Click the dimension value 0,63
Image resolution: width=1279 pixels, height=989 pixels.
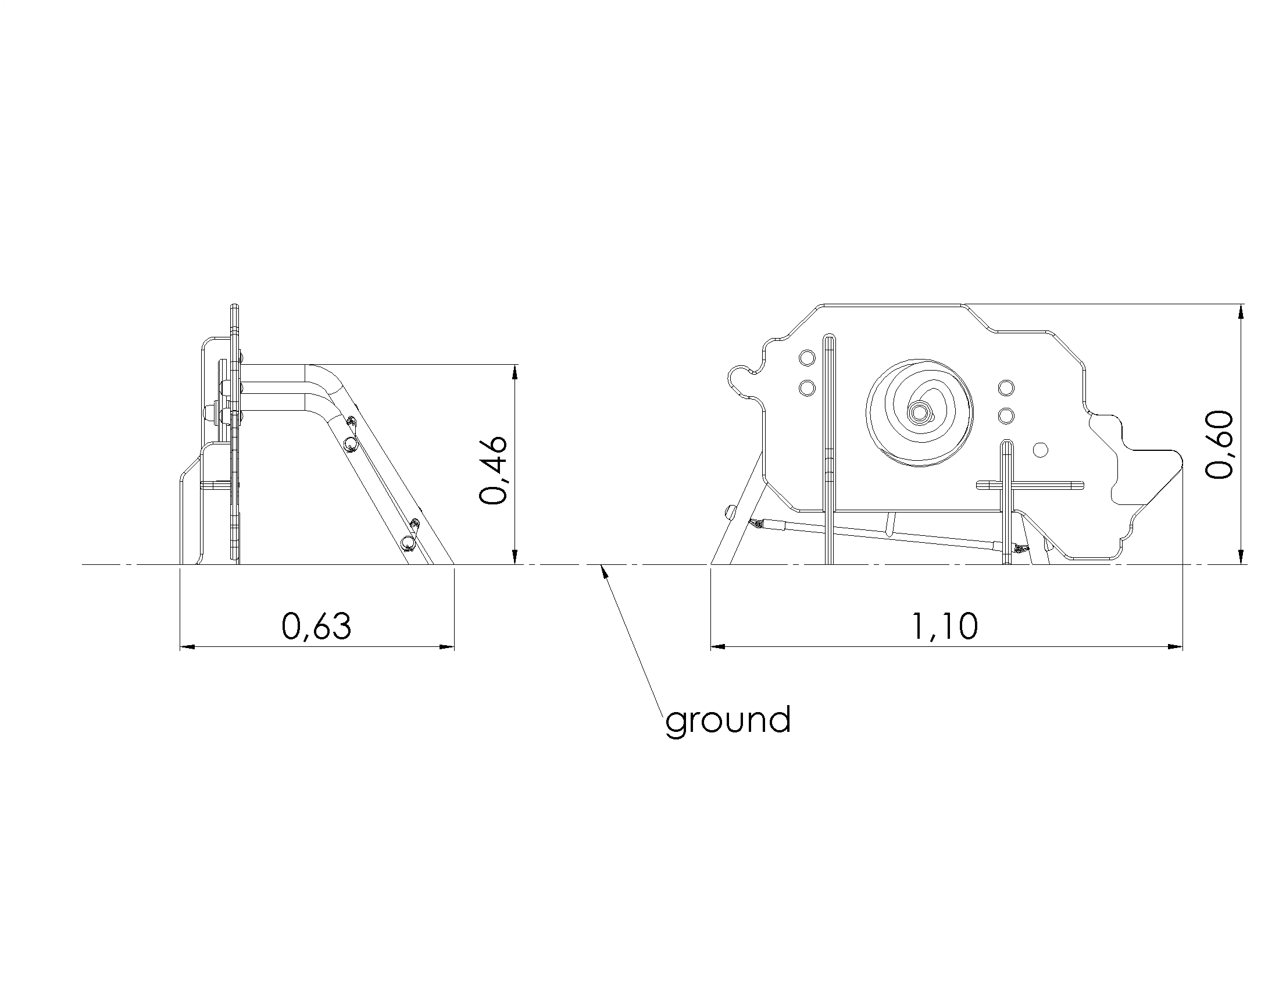coord(316,627)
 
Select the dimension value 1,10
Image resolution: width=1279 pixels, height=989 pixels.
coord(945,627)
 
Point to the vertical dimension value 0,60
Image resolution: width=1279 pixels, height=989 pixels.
coord(1219,444)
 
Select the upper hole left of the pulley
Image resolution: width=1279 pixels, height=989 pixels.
coord(807,357)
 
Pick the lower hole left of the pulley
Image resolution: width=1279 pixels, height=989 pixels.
coord(807,387)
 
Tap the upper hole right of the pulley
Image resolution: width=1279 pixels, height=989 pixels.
coord(1006,387)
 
